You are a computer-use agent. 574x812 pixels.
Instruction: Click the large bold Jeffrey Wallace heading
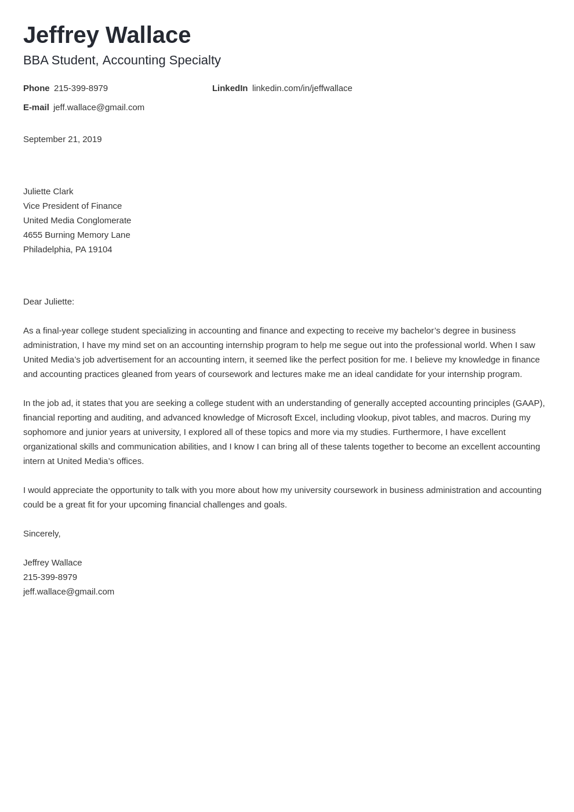click(x=107, y=35)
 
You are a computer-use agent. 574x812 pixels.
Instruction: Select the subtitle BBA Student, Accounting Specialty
click(x=122, y=60)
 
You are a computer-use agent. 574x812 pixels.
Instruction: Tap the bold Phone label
click(x=36, y=88)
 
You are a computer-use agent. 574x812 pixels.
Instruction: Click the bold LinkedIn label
click(x=230, y=88)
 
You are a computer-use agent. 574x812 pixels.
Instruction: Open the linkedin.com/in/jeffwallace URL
click(x=302, y=88)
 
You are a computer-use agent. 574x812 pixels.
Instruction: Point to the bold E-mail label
click(x=36, y=107)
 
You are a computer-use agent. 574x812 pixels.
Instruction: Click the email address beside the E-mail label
click(x=99, y=107)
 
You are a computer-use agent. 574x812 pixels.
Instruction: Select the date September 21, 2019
click(x=62, y=139)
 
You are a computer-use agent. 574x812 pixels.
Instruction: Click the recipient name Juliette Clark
click(x=48, y=191)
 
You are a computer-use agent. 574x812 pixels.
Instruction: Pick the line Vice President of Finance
click(x=72, y=206)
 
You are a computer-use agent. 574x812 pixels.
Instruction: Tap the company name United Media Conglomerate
click(x=77, y=220)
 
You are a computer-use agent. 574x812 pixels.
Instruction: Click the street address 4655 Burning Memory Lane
click(x=77, y=235)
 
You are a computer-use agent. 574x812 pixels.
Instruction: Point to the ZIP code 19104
click(x=100, y=249)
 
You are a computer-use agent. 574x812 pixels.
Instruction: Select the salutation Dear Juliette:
click(x=49, y=302)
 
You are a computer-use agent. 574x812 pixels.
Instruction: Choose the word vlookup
click(x=372, y=418)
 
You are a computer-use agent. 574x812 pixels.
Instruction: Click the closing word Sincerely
click(x=41, y=534)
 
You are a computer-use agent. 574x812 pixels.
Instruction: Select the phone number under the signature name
click(x=50, y=577)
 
